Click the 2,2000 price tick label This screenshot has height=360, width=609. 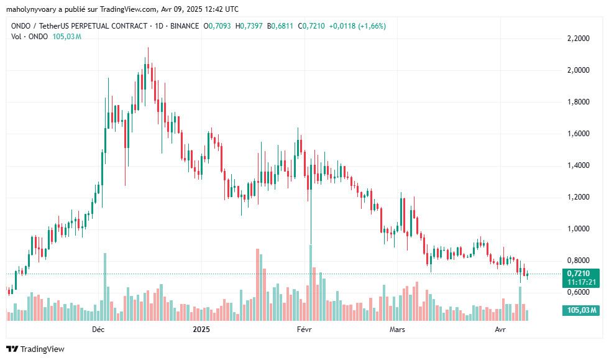(x=579, y=39)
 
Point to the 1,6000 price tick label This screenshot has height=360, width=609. (x=579, y=134)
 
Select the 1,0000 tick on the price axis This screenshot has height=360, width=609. (x=579, y=229)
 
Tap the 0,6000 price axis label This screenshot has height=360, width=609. (x=579, y=292)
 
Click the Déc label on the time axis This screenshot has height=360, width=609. (x=98, y=328)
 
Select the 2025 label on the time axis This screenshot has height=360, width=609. (x=201, y=328)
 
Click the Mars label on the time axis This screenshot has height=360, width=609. (x=397, y=328)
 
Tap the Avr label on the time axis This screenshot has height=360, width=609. (x=500, y=328)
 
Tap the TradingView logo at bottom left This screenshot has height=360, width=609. (x=35, y=349)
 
